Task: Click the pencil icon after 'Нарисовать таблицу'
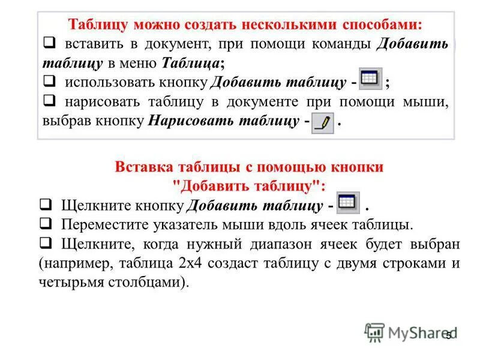323,122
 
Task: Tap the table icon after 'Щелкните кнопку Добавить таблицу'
348,203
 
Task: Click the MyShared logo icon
374,332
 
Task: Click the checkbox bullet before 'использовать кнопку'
50,82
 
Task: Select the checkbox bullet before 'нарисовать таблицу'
50,101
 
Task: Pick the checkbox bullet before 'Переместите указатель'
45,224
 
